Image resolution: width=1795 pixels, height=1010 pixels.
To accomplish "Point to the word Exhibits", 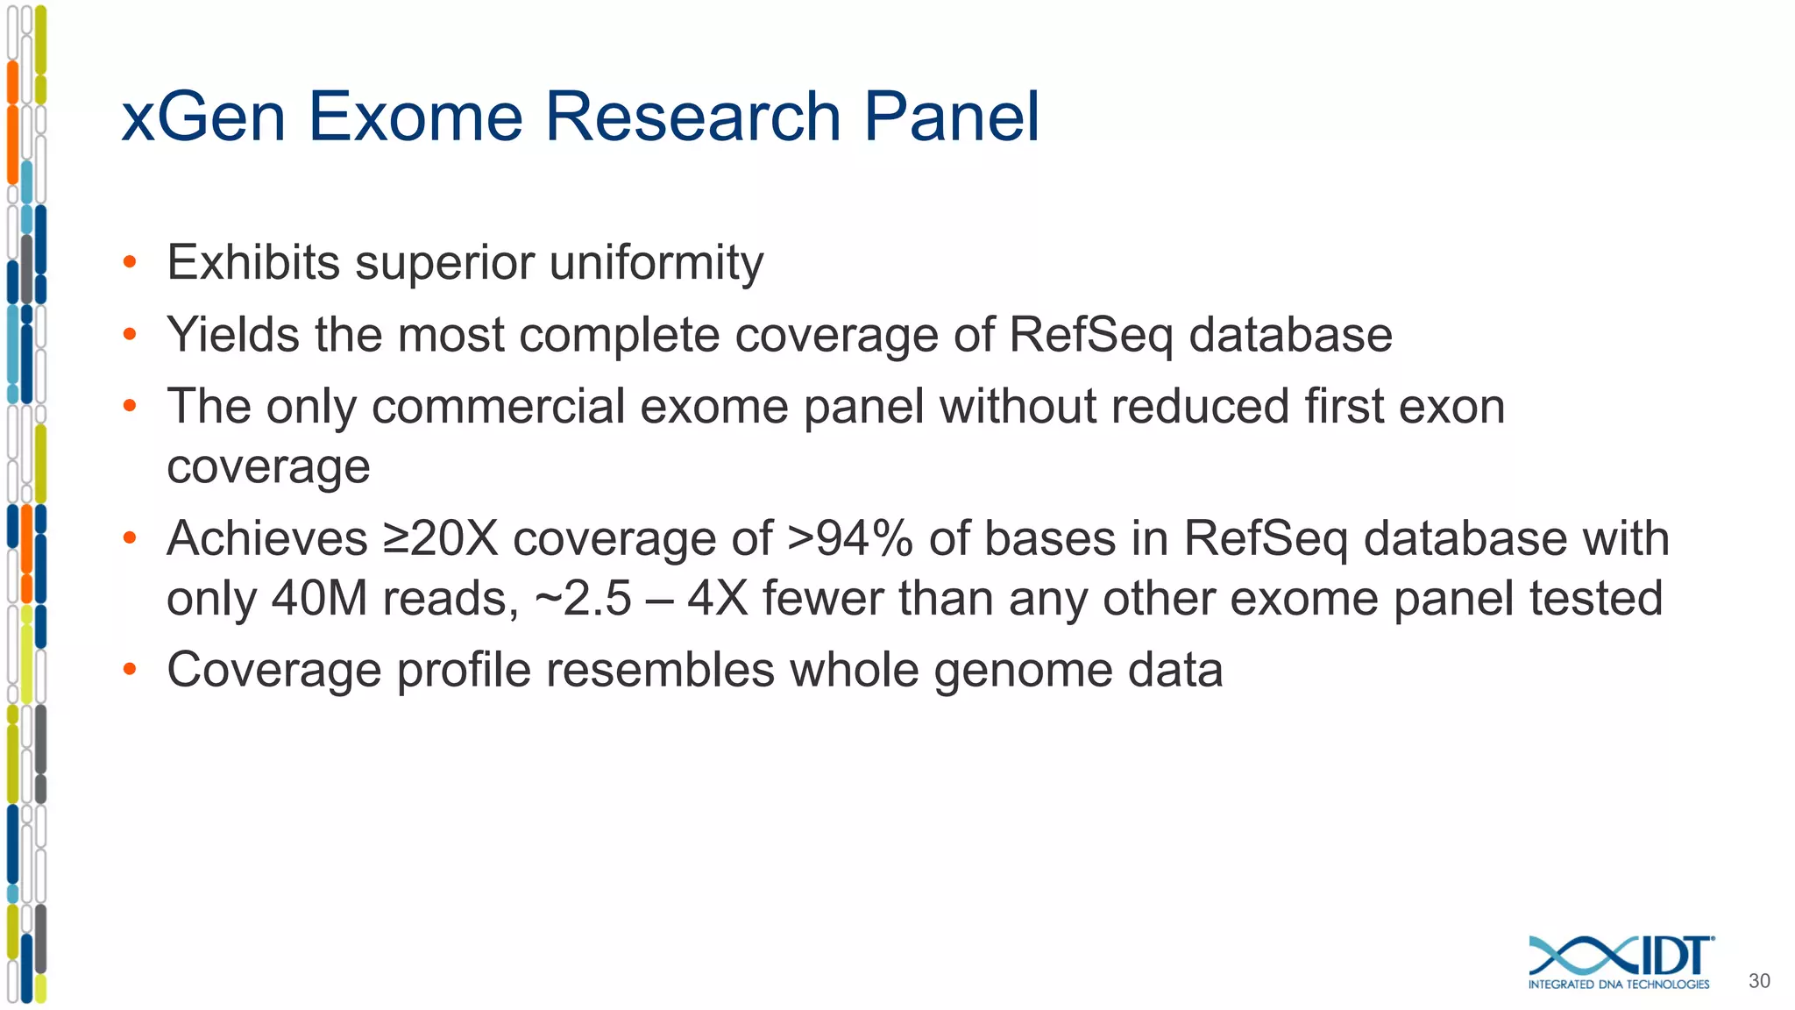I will point(253,262).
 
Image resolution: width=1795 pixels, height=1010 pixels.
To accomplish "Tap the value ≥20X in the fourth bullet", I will point(440,538).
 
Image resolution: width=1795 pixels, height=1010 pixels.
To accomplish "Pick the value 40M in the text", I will point(319,599).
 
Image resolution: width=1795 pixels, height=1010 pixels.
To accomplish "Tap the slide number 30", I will point(1759,981).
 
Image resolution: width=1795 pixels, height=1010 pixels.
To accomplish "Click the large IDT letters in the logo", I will point(1672,957).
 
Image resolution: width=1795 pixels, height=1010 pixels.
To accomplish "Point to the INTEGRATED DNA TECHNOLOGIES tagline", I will point(1619,985).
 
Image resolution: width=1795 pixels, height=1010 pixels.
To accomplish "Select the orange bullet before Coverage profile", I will point(130,670).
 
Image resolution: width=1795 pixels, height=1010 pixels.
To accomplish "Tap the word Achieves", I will point(266,538).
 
